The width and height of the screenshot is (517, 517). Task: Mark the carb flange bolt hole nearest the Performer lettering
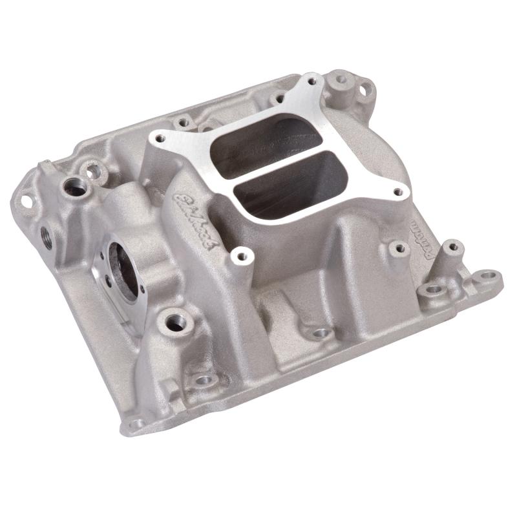(x=399, y=192)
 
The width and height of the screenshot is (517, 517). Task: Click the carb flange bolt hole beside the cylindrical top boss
(x=313, y=82)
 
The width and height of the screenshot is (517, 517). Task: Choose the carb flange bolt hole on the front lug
(x=242, y=256)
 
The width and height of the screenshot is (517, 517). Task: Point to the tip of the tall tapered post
(x=453, y=246)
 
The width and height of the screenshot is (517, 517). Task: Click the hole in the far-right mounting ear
(x=489, y=276)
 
